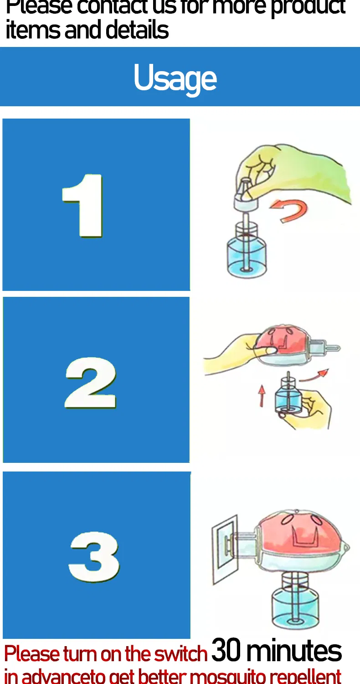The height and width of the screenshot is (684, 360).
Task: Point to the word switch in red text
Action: (x=180, y=654)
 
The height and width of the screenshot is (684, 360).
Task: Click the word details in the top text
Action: (x=137, y=30)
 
